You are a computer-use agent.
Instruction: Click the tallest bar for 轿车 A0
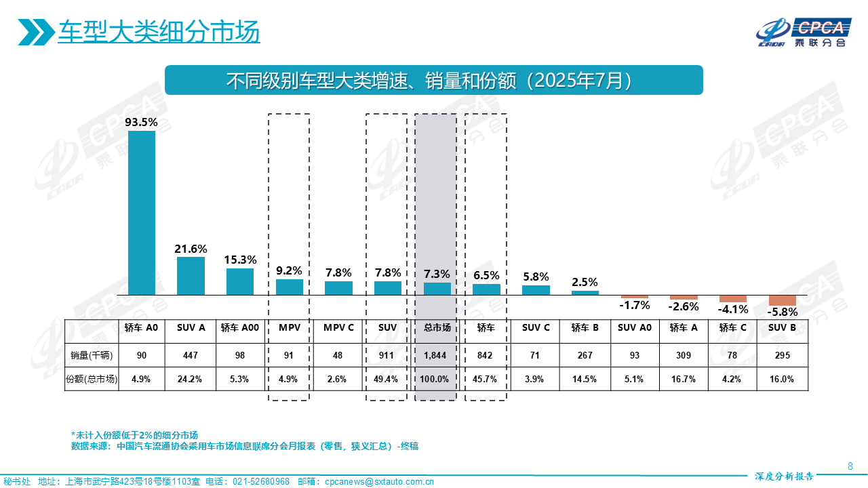pyautogui.click(x=142, y=213)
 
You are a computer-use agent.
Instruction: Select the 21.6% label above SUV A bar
pyautogui.click(x=191, y=249)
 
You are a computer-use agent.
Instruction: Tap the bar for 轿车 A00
pyautogui.click(x=240, y=281)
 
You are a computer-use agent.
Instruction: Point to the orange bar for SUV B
pyautogui.click(x=782, y=300)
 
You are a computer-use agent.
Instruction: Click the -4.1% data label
pyautogui.click(x=732, y=309)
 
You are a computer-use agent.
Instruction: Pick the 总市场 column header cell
pyautogui.click(x=437, y=328)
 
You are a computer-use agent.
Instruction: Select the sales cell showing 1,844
pyautogui.click(x=437, y=355)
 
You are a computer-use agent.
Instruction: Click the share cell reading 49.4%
pyautogui.click(x=387, y=379)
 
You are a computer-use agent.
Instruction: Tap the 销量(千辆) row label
pyautogui.click(x=91, y=355)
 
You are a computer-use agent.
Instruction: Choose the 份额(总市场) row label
pyautogui.click(x=91, y=379)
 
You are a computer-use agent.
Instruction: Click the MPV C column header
pyautogui.click(x=338, y=328)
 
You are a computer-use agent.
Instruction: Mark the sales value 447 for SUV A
pyautogui.click(x=191, y=355)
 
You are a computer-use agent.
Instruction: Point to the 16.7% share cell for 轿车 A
pyautogui.click(x=684, y=379)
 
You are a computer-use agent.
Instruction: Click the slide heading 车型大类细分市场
pyautogui.click(x=159, y=32)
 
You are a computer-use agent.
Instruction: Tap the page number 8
pyautogui.click(x=850, y=466)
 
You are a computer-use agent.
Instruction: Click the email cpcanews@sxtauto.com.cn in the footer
pyautogui.click(x=379, y=482)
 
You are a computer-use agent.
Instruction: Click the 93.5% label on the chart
pyautogui.click(x=141, y=123)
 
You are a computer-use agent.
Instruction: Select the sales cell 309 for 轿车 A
pyautogui.click(x=684, y=355)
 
